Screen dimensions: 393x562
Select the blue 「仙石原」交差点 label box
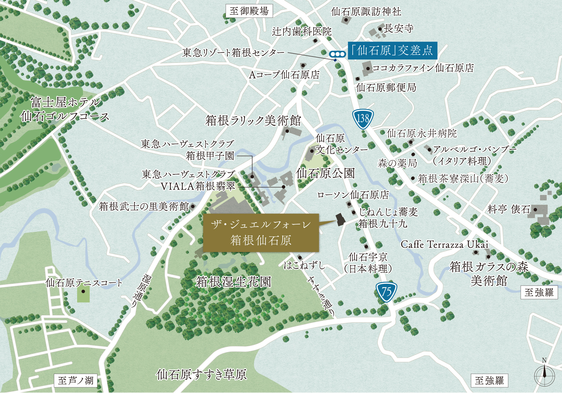tap(392, 50)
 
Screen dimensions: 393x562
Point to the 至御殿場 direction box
tap(249, 11)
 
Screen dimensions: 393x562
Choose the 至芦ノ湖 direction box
tap(75, 381)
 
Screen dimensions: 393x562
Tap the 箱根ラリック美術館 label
tap(253, 121)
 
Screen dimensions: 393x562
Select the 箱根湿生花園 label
tap(233, 282)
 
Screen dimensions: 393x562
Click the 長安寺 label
tap(399, 28)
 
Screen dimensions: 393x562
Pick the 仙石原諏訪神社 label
tap(366, 12)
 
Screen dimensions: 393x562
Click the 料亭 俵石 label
tap(509, 209)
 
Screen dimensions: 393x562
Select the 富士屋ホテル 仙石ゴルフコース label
tap(65, 109)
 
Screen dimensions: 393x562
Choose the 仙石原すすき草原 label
tap(201, 375)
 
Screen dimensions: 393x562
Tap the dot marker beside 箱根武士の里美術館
tap(193, 206)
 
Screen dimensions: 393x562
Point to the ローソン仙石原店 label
tap(353, 195)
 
